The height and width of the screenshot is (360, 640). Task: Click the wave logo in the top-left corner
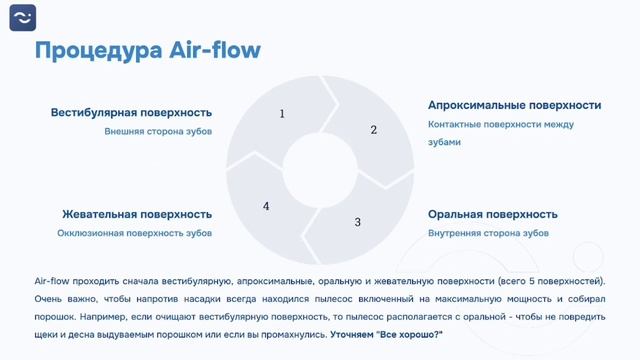(x=23, y=18)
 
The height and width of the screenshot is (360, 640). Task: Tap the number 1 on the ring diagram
(x=282, y=114)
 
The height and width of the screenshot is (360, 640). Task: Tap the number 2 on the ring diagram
(x=374, y=130)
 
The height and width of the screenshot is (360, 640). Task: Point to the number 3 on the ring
(x=357, y=222)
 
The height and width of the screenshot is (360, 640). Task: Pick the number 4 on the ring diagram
(x=266, y=206)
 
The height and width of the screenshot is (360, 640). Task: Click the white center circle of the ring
(x=319, y=166)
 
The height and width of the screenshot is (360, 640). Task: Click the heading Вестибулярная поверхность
(x=131, y=113)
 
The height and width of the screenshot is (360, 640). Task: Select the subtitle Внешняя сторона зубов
(x=158, y=131)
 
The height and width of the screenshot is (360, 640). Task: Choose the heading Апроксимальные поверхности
(x=514, y=104)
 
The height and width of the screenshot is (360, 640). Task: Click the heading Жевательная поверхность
(x=137, y=214)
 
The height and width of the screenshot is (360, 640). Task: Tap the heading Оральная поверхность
(x=492, y=214)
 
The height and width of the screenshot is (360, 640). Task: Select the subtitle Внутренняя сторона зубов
(x=488, y=233)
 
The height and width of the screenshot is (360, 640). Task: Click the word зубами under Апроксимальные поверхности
(x=444, y=142)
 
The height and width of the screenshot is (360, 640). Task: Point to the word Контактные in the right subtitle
(x=455, y=124)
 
